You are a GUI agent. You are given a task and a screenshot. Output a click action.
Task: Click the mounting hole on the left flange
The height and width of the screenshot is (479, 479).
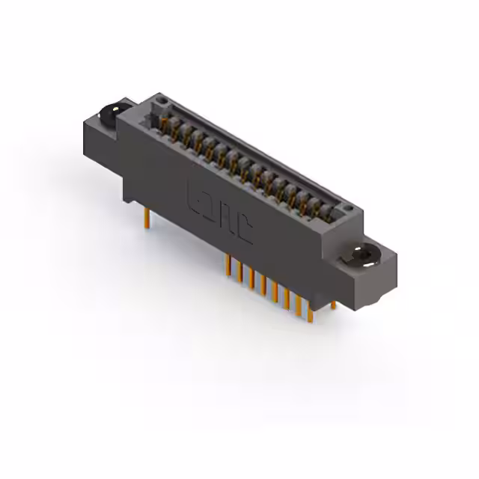click(110, 113)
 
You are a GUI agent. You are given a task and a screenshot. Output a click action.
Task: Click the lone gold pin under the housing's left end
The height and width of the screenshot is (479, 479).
click(147, 218)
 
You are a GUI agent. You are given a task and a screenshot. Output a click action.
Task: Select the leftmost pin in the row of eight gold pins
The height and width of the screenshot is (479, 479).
click(228, 266)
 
